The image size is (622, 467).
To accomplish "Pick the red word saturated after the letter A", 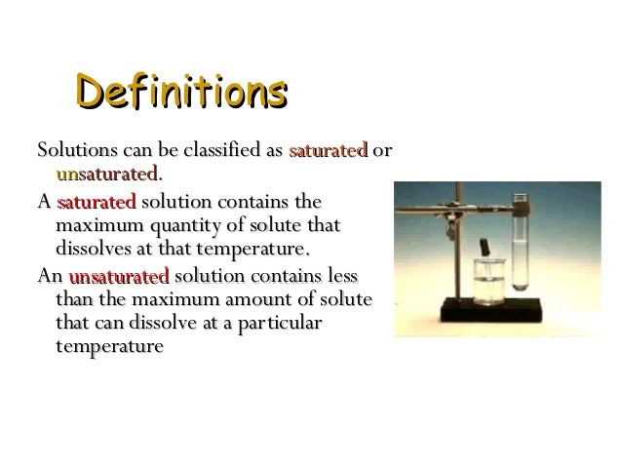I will (x=97, y=203).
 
